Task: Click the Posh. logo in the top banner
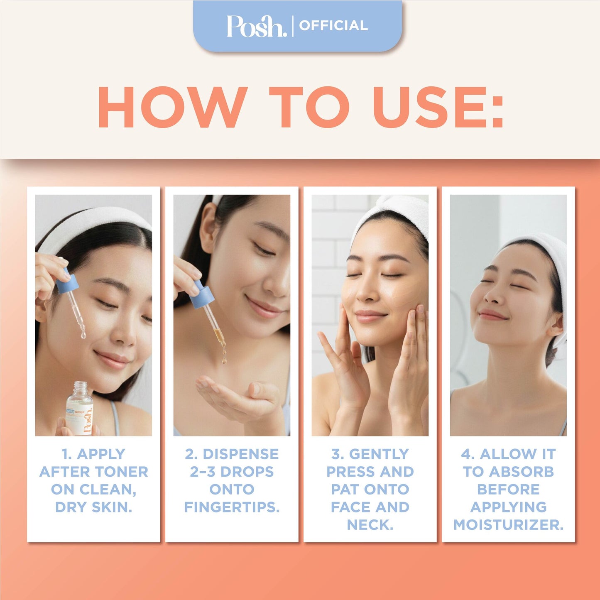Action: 256,26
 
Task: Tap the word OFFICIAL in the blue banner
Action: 333,26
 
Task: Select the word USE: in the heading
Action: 438,107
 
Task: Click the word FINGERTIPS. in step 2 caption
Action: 232,507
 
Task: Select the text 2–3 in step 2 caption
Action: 203,472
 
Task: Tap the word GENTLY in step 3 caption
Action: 379,454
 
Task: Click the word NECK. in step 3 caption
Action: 370,525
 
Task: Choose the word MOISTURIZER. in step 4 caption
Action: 508,525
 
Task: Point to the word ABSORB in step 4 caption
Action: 522,472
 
